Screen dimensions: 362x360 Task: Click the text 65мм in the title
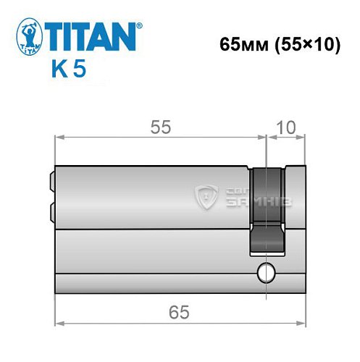pyautogui.click(x=240, y=45)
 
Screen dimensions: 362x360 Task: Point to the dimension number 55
pyautogui.click(x=161, y=127)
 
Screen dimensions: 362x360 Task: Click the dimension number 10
pyautogui.click(x=286, y=127)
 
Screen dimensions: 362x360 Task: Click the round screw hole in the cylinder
pyautogui.click(x=266, y=274)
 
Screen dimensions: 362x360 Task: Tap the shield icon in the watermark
pyautogui.click(x=207, y=195)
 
